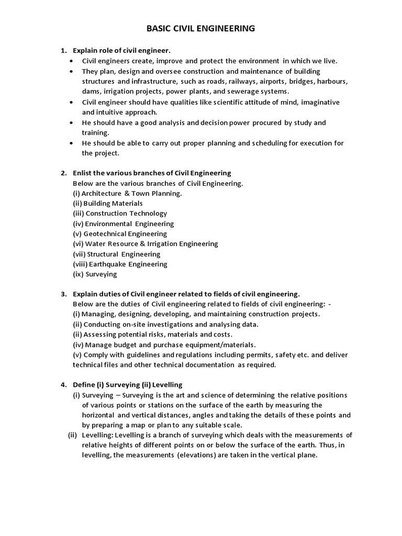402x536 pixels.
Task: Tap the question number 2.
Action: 63,173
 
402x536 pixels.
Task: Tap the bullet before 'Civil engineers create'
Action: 72,61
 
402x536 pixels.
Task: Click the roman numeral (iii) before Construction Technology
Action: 78,213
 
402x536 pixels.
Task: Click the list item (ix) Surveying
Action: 95,274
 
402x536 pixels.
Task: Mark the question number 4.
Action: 63,385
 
